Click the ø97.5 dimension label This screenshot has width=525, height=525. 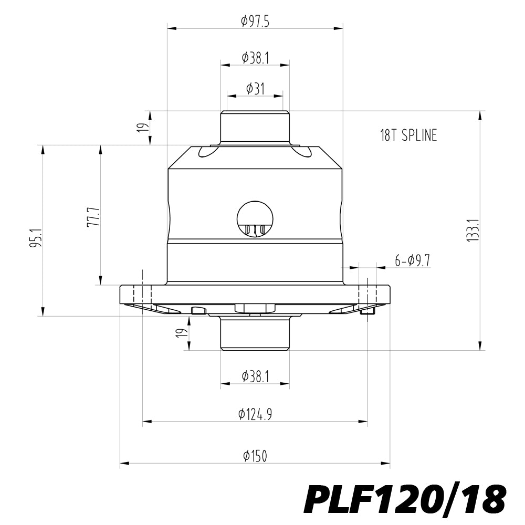coord(255,22)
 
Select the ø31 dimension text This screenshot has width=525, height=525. coord(255,89)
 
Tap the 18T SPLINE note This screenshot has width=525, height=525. coord(408,135)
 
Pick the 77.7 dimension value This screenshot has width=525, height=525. coord(93,217)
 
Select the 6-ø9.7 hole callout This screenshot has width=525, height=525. coord(413,260)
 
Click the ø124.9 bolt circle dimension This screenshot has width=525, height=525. coord(255,415)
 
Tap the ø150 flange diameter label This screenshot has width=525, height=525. coord(255,456)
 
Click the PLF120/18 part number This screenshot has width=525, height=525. coord(404,500)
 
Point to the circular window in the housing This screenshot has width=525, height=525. coord(255,219)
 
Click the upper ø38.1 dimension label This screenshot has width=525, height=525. coord(256,58)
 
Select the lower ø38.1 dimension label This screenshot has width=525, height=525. coord(256,376)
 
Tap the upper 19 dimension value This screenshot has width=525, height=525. coord(143,128)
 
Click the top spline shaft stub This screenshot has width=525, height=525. coord(255,128)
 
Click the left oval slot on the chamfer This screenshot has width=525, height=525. coord(207,152)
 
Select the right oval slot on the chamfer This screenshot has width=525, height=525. coord(302,152)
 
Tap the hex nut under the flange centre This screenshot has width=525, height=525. coord(255,308)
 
